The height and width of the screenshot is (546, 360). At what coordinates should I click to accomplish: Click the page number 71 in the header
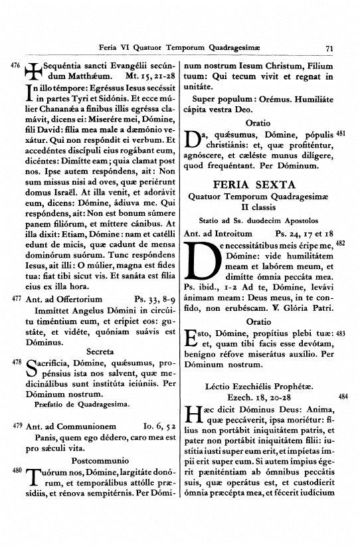[x=329, y=48]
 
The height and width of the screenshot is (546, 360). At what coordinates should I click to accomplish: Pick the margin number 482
[x=341, y=244]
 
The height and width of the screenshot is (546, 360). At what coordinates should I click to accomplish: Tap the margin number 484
[x=343, y=397]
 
